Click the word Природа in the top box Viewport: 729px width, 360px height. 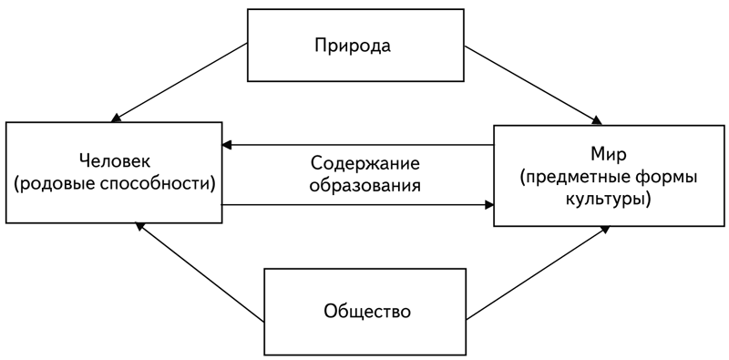point(354,45)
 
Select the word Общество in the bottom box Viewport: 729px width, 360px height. point(366,312)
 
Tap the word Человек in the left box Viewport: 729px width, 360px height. point(113,160)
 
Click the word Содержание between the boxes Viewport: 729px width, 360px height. point(364,165)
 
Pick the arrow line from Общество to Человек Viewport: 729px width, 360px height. point(200,273)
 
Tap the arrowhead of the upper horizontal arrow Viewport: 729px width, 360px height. point(228,144)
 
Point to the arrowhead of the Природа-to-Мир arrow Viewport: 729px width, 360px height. point(597,119)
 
